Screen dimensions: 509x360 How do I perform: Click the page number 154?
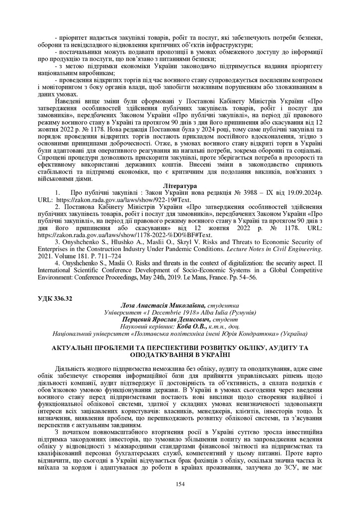[180, 484]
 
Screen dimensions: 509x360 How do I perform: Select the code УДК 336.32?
[55, 298]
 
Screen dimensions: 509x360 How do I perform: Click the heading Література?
[180, 185]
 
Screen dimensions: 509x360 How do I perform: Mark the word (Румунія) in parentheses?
[241, 312]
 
